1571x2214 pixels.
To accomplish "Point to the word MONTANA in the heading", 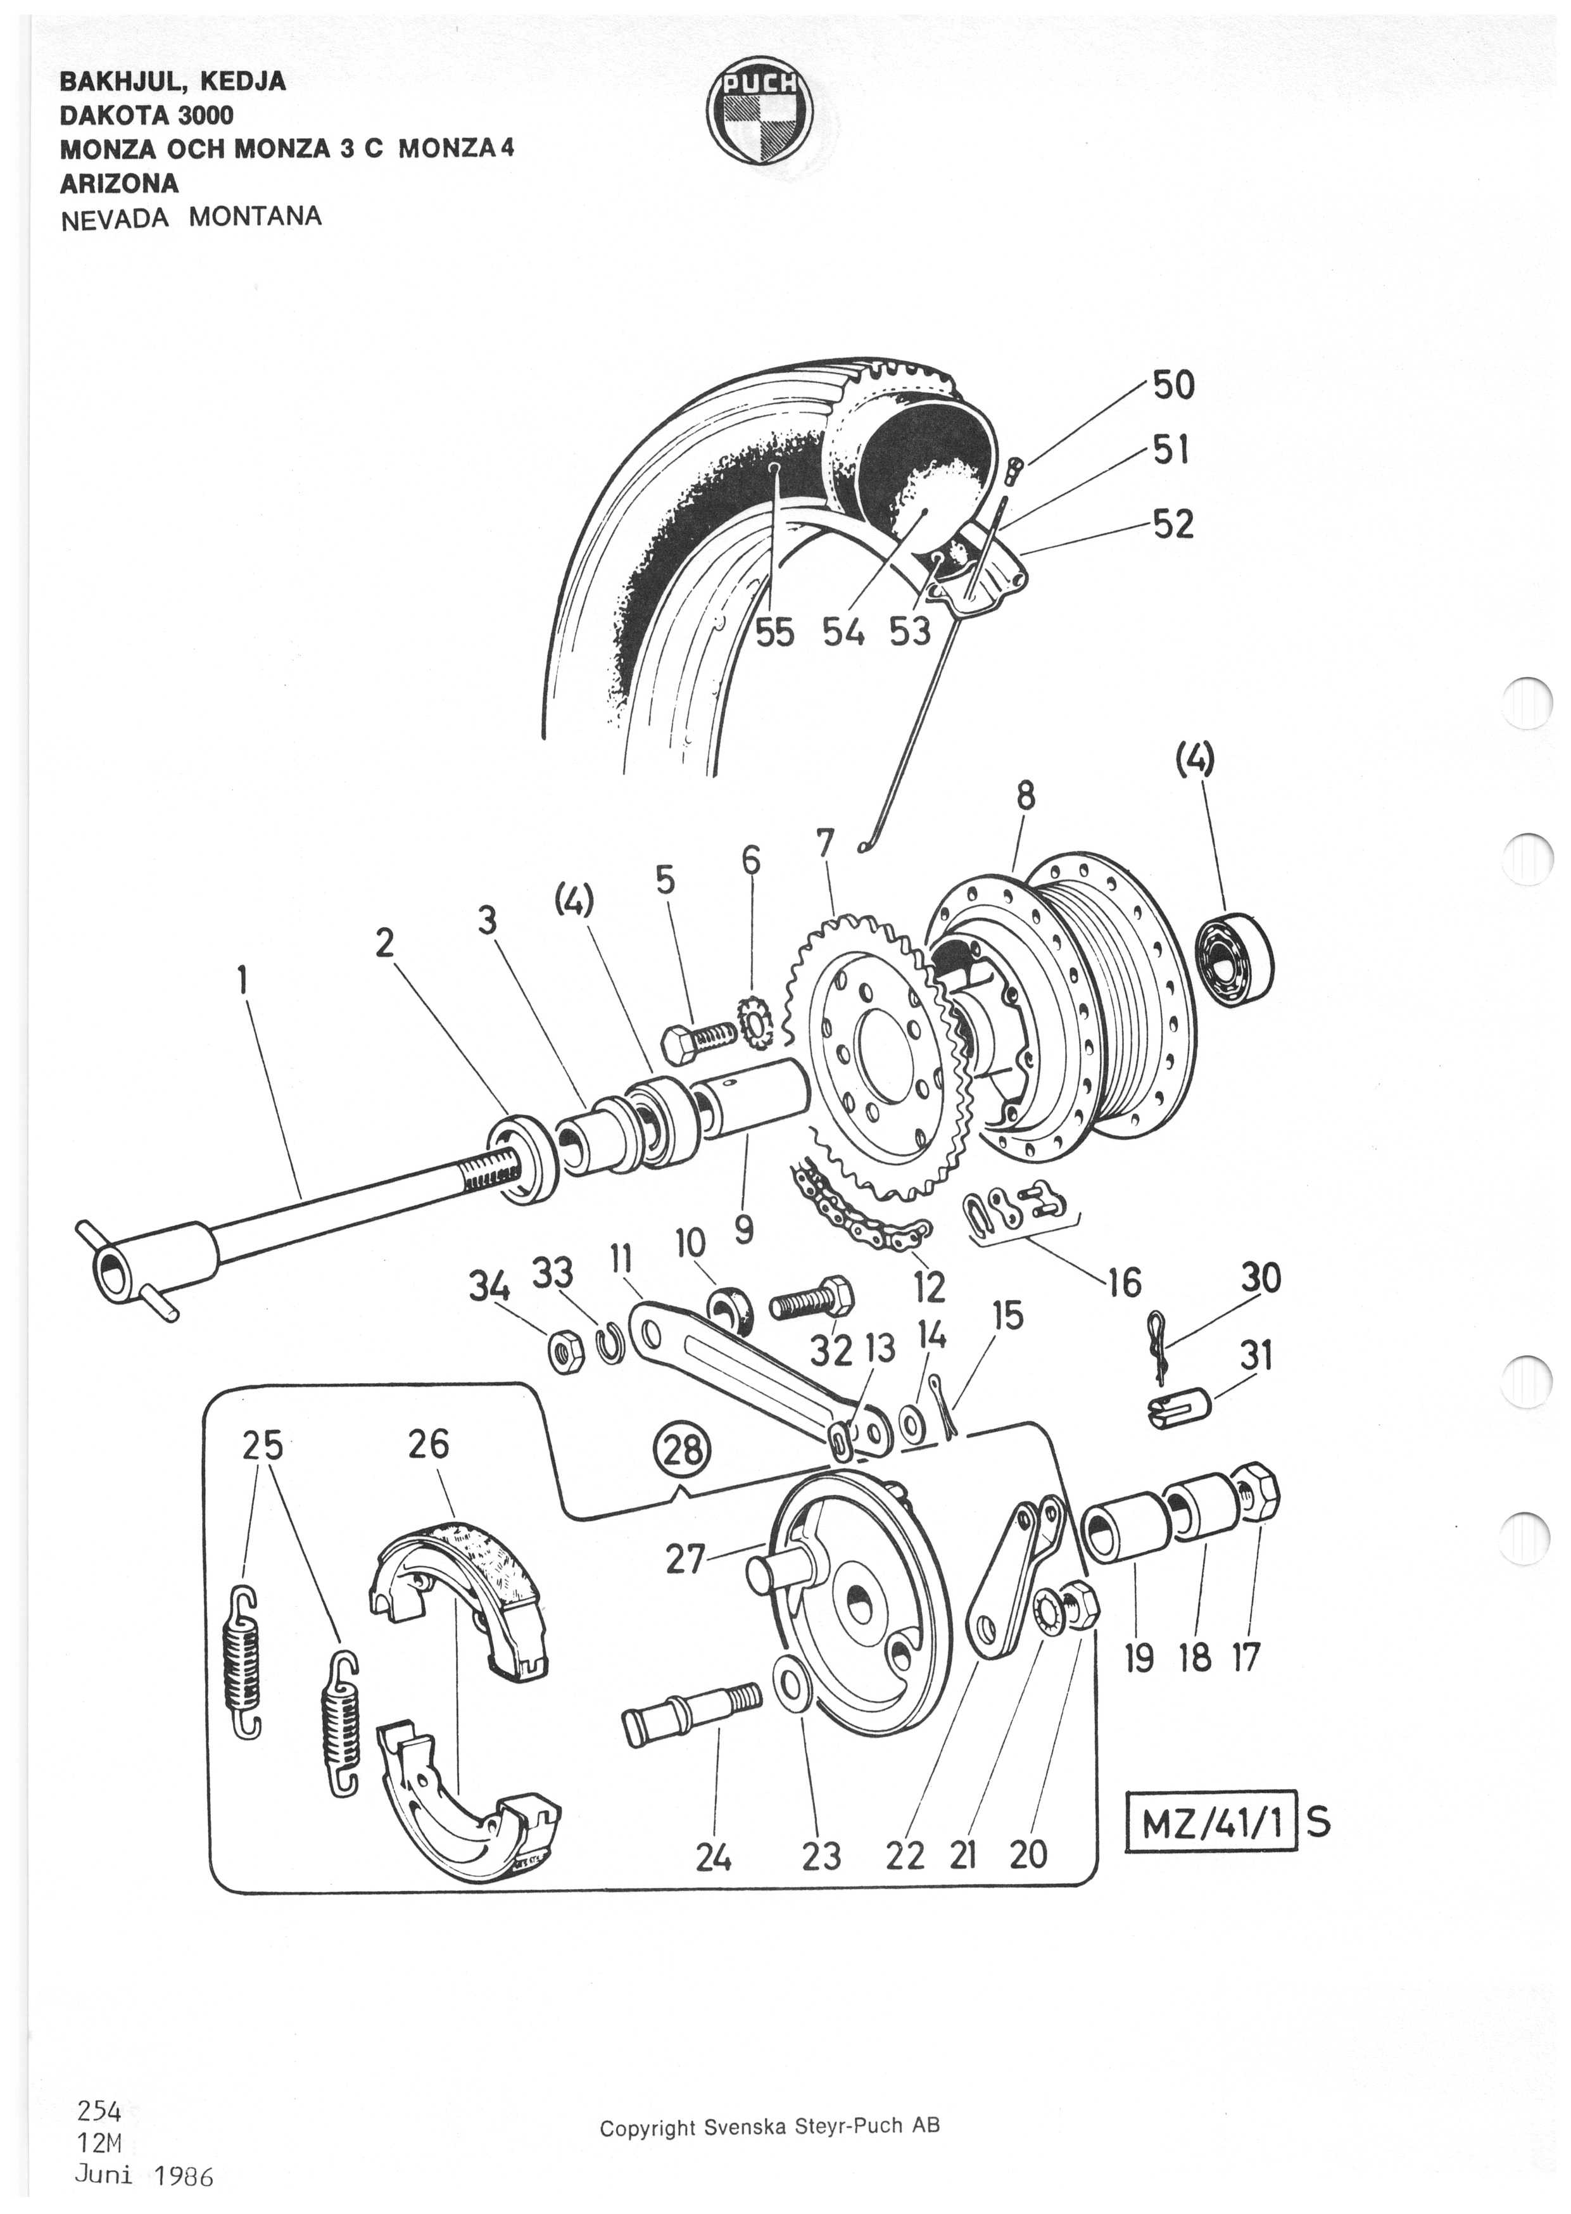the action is point(255,216).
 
